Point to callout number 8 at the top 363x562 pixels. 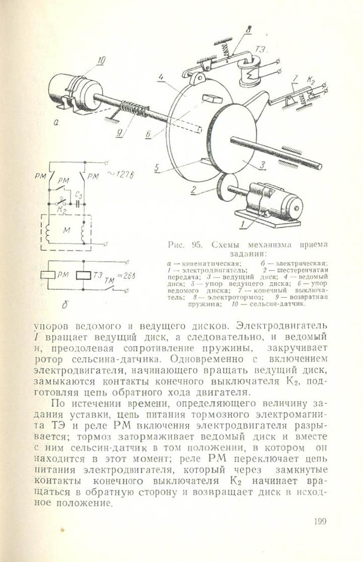(x=248, y=29)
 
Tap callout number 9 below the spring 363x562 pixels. (x=119, y=133)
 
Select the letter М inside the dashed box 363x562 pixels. (x=66, y=229)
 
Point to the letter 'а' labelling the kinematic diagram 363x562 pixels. (x=56, y=123)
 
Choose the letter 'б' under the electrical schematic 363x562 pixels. (x=66, y=306)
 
